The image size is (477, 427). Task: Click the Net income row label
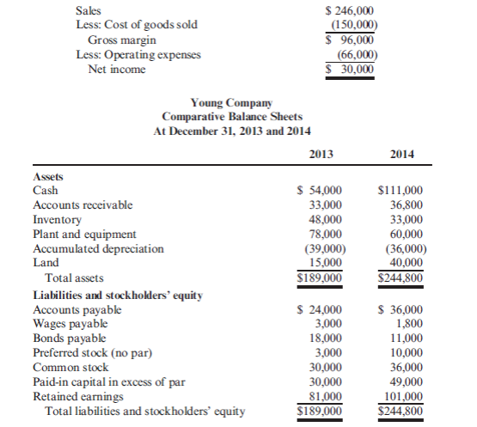coord(117,69)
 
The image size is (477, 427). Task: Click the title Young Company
coord(232,102)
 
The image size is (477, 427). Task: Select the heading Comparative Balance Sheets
coord(232,116)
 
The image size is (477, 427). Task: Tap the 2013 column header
coord(320,155)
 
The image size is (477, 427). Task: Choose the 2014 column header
coord(402,155)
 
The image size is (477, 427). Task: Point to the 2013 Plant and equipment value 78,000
coord(325,234)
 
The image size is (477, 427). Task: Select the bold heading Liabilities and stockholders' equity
coord(117,295)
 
